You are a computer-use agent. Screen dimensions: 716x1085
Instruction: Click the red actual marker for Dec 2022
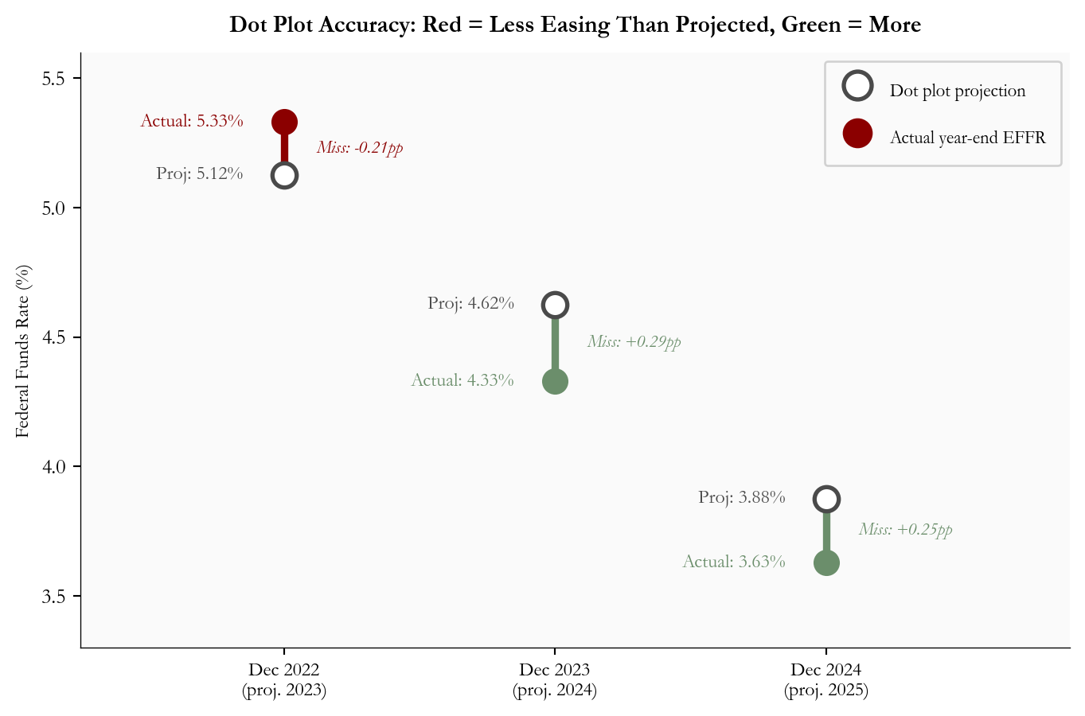click(284, 122)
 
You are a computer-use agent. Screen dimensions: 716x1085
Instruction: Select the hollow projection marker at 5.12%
click(284, 176)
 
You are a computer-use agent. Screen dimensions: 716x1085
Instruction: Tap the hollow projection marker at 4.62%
click(555, 305)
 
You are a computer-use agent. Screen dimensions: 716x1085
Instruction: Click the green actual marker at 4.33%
click(555, 382)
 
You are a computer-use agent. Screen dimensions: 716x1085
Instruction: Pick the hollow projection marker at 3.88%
click(826, 499)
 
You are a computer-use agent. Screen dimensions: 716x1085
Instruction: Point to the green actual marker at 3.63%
click(826, 563)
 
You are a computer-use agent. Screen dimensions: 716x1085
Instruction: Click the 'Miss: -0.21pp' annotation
click(360, 148)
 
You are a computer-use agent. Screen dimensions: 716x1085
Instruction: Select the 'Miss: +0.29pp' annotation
click(634, 342)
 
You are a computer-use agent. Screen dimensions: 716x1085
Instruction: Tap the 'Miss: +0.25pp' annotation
click(905, 530)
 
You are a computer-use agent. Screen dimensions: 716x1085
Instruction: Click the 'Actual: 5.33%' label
click(192, 122)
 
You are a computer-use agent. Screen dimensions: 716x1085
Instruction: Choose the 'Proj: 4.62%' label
click(470, 304)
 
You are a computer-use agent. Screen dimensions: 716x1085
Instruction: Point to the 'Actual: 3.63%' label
click(734, 562)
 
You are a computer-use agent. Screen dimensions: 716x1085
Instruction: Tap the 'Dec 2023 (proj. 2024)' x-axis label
click(555, 680)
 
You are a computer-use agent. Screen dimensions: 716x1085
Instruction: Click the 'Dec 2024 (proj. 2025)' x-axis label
click(826, 680)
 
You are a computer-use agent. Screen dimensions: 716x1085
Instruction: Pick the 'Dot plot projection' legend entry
click(957, 91)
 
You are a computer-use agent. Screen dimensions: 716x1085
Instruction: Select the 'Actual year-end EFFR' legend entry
click(967, 138)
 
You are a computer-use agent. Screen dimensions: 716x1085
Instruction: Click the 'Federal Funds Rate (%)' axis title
click(23, 351)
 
